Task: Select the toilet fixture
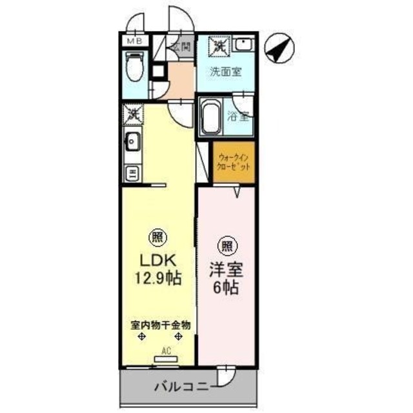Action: pos(135,67)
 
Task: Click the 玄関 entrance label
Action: pos(181,46)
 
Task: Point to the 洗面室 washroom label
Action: pos(225,72)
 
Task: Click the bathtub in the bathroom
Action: pos(210,116)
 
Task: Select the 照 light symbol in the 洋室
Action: pos(227,246)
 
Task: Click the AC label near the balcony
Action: pos(166,352)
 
